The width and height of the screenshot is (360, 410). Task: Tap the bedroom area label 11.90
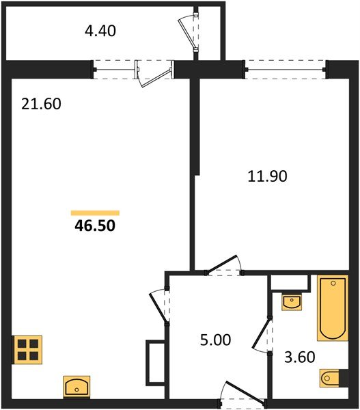point(267,176)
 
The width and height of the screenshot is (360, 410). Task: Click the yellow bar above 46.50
point(95,213)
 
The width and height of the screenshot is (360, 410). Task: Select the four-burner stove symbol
point(27,350)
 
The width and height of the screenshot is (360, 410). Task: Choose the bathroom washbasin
point(291,301)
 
